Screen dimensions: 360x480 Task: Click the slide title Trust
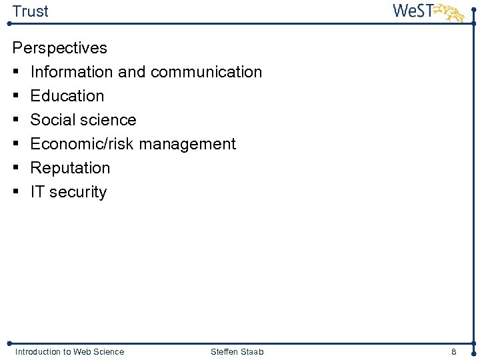[x=30, y=11]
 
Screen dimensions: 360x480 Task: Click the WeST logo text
[x=413, y=11]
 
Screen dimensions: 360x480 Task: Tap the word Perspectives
[x=60, y=48]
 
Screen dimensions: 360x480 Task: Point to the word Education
[x=67, y=96]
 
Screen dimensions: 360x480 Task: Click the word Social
[x=52, y=120]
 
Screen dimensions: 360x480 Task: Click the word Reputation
[x=70, y=168]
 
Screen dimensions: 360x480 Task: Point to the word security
[x=78, y=192]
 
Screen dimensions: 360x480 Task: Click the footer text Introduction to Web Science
[x=69, y=351]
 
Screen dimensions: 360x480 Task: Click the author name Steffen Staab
[x=237, y=351]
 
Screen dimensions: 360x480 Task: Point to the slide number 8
[x=453, y=351]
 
